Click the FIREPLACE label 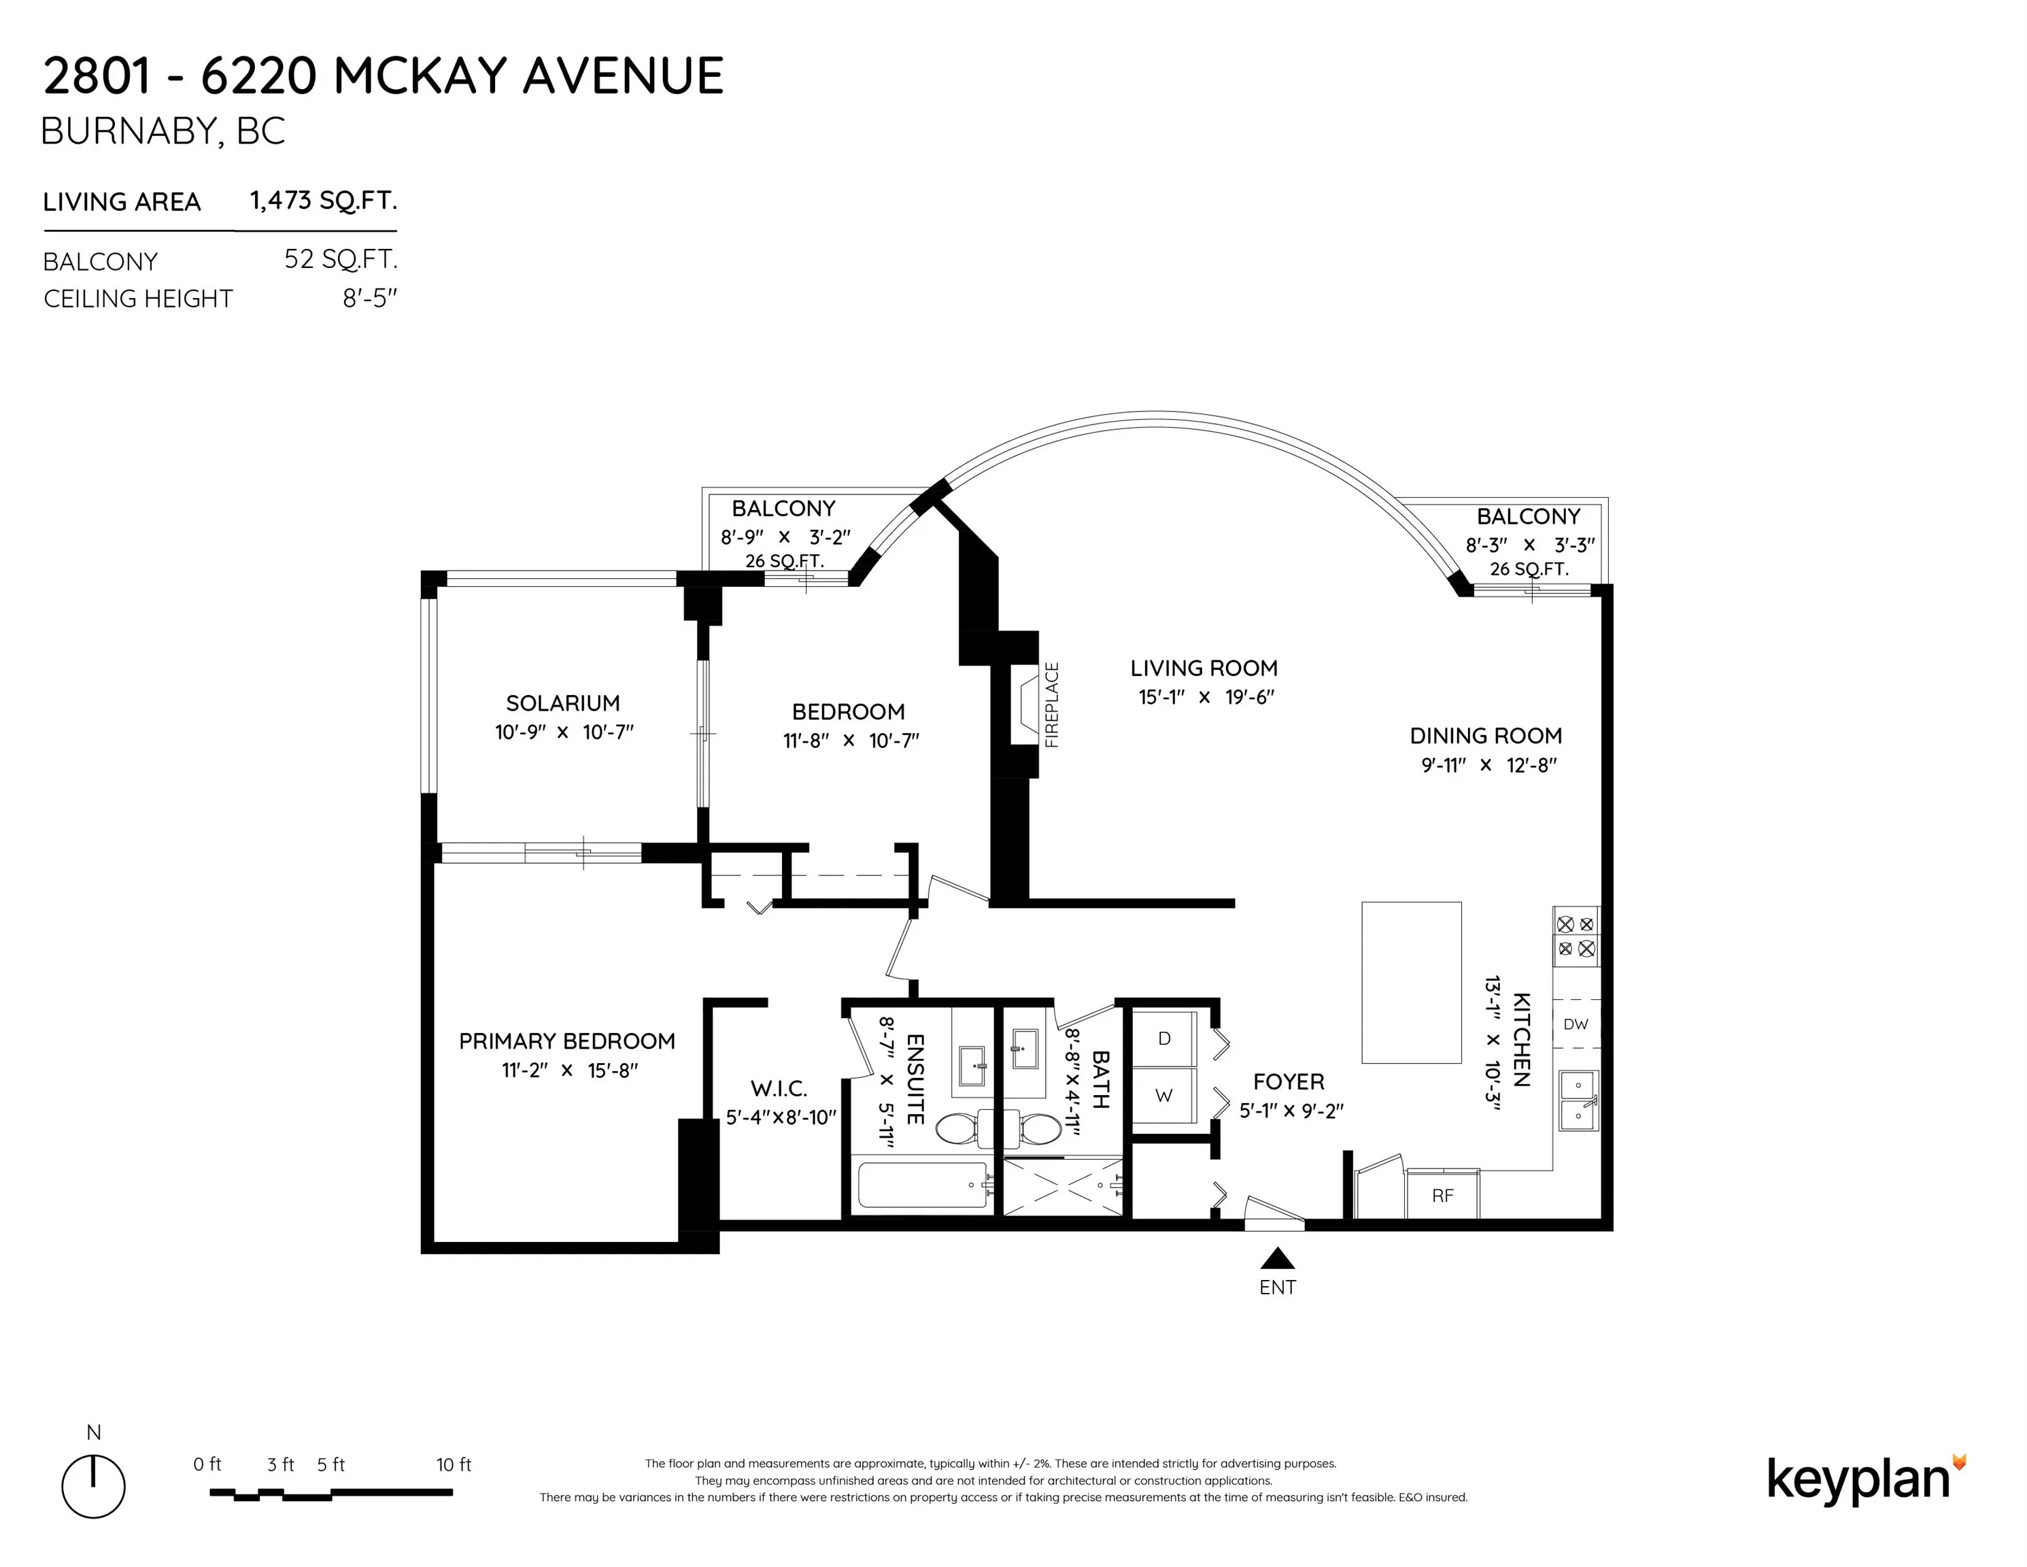1051,705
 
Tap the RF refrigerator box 1442,1196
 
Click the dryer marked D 1164,1038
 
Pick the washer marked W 1164,1096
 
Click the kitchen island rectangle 1411,982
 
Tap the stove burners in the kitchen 1576,937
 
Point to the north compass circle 94,1486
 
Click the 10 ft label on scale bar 453,1465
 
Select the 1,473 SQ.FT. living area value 323,201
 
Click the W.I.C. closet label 779,1088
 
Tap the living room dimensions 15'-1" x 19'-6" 1206,697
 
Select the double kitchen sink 1577,1100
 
